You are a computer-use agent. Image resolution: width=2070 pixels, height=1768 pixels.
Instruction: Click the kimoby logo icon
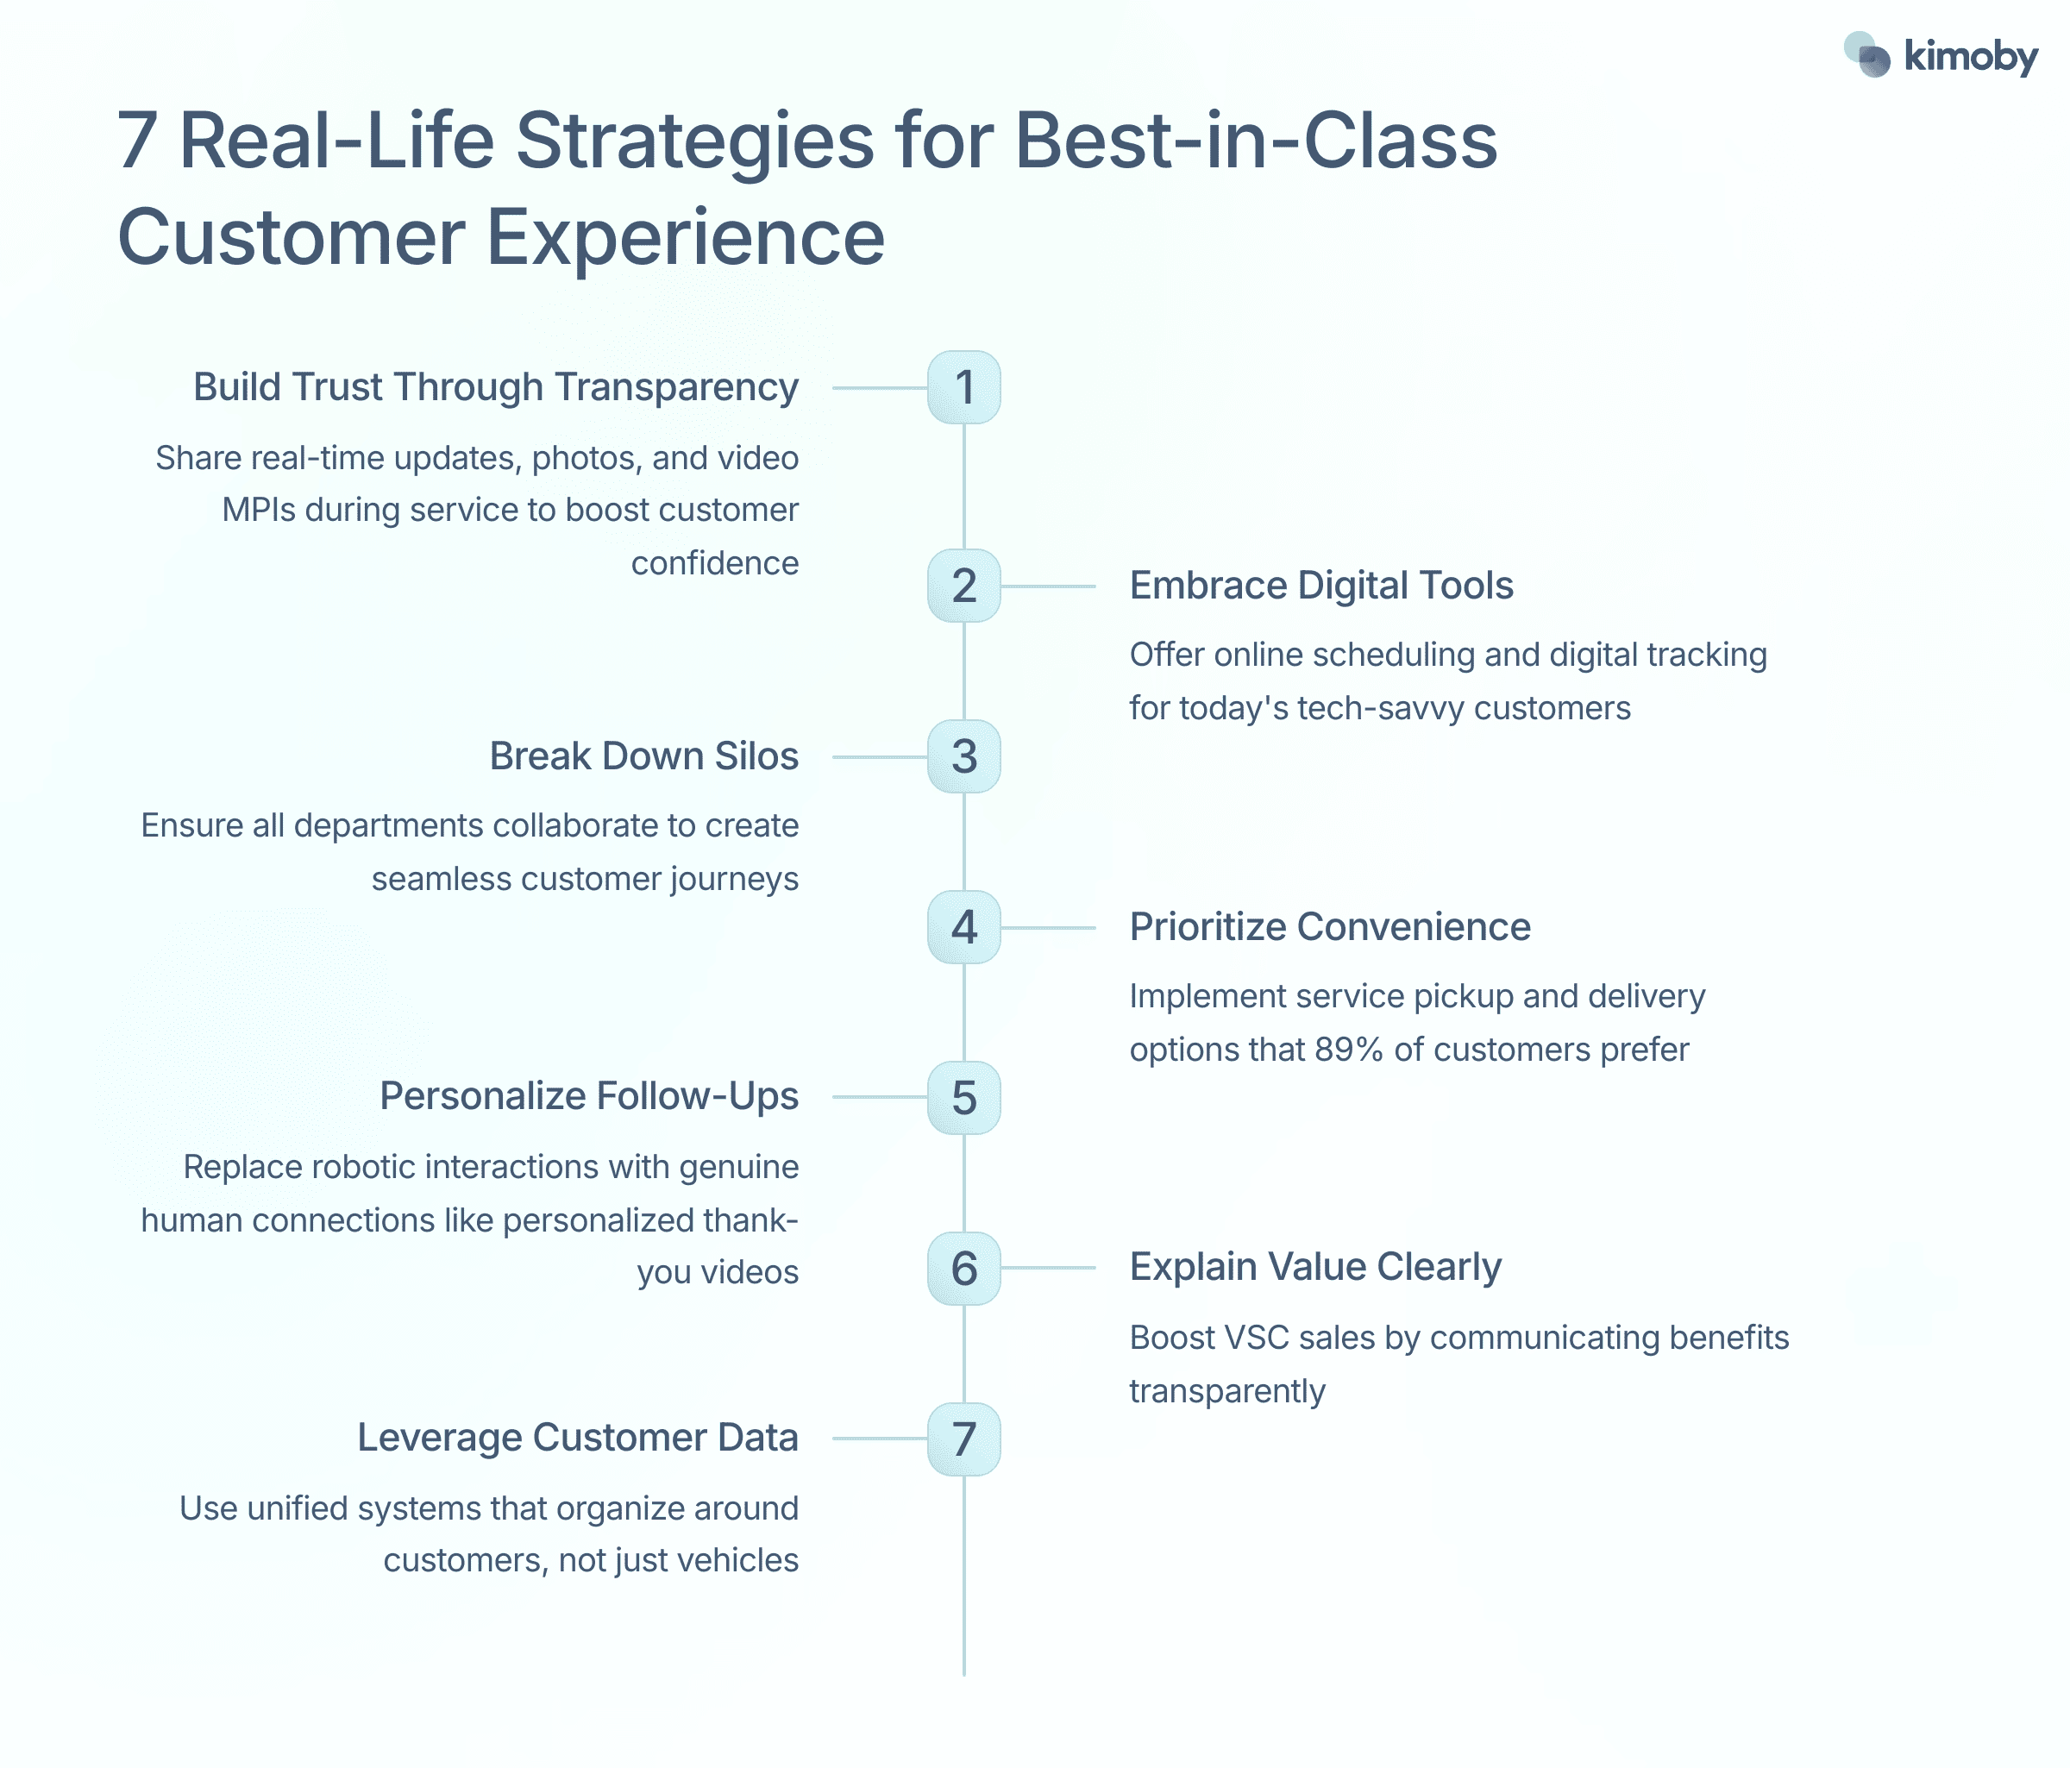[x=1866, y=55]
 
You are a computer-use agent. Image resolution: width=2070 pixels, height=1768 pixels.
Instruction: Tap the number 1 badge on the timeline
[x=964, y=387]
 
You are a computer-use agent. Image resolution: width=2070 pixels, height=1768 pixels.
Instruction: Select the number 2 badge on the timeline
[x=964, y=586]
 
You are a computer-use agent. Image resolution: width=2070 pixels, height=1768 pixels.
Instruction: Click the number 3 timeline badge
[x=964, y=757]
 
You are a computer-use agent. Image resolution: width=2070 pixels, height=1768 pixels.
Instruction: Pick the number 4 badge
[x=964, y=928]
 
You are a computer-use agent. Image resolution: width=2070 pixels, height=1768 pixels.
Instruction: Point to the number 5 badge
[x=964, y=1098]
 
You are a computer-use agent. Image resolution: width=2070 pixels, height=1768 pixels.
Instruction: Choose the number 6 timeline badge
[x=964, y=1269]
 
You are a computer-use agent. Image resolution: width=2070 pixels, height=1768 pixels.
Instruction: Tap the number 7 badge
[x=964, y=1439]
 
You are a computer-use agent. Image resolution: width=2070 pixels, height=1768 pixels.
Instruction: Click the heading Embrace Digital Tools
[x=1320, y=586]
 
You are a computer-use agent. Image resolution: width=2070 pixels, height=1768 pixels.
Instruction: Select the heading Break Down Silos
[x=643, y=756]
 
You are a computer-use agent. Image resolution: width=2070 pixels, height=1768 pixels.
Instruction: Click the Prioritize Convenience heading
[x=1330, y=927]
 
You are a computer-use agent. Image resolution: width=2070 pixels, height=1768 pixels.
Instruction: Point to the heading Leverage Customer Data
[x=577, y=1438]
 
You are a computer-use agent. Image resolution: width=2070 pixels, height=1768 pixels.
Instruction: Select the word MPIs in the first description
[x=259, y=511]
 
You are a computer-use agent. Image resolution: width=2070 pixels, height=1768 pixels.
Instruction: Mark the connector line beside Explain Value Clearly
[x=1048, y=1268]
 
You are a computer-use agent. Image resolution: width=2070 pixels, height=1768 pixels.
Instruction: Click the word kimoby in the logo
[x=1970, y=57]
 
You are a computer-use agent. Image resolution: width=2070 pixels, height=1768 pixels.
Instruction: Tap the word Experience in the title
[x=686, y=238]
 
